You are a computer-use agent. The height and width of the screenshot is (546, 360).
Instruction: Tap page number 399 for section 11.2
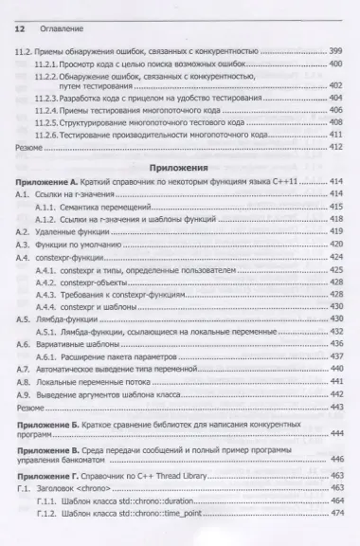tap(334, 48)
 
